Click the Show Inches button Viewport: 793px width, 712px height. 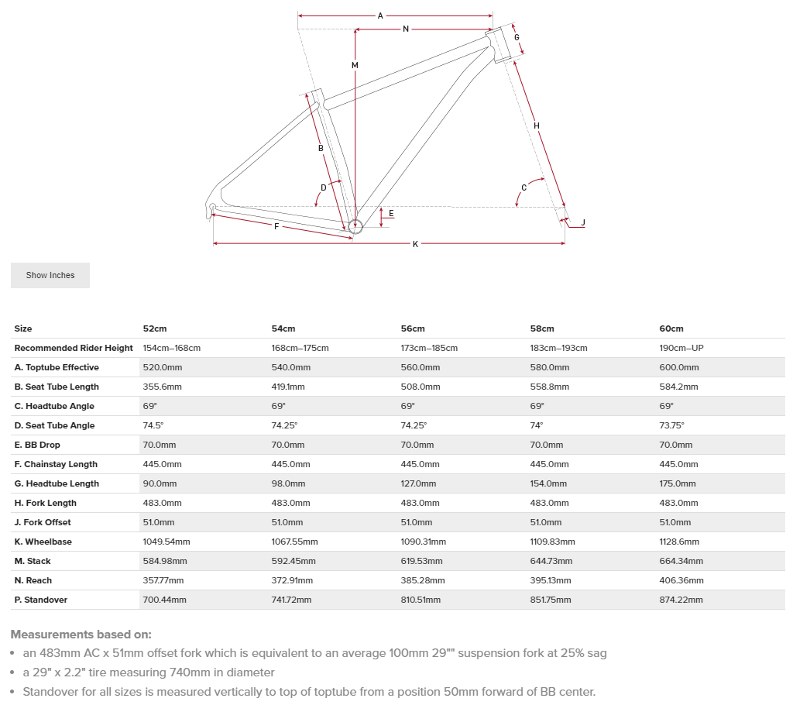point(50,275)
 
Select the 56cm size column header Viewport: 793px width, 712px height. point(413,328)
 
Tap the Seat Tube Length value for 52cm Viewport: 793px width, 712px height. point(162,387)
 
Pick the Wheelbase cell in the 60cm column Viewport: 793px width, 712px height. point(679,542)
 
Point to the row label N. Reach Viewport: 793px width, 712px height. point(33,580)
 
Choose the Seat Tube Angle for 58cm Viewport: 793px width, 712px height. point(536,425)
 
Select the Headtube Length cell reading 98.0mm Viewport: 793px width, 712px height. point(288,483)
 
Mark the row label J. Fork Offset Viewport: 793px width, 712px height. point(45,522)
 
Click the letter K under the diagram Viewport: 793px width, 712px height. point(415,244)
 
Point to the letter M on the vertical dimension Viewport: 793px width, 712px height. point(355,65)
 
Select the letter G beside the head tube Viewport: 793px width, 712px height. point(517,37)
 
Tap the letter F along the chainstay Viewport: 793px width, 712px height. point(276,225)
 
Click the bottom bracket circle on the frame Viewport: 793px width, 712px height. point(355,226)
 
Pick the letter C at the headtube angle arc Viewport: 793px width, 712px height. point(524,187)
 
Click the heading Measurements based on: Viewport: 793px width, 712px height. point(81,634)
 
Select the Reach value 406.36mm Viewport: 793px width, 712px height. point(681,580)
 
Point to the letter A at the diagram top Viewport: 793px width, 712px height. point(380,15)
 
